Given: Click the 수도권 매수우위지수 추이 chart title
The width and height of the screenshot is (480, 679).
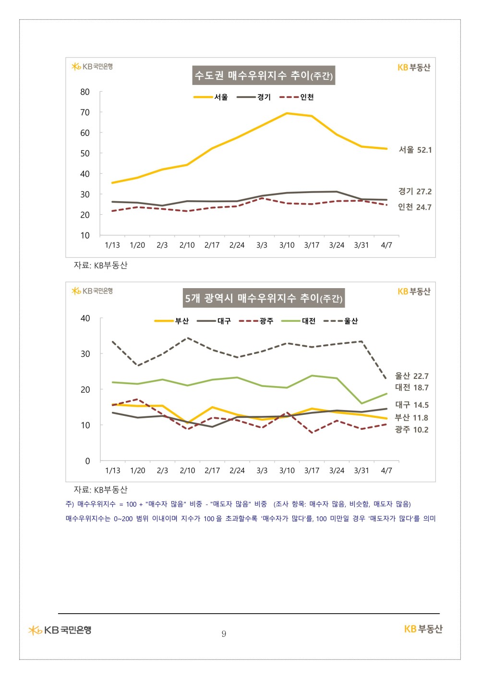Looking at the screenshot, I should click(x=264, y=75).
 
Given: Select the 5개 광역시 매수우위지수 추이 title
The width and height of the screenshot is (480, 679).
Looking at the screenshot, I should click(x=264, y=298).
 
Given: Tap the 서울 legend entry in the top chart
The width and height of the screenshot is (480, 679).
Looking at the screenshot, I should click(x=211, y=97).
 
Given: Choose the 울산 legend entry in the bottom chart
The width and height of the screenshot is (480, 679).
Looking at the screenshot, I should click(x=341, y=321).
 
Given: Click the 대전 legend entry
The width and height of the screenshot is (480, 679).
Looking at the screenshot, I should click(x=299, y=321).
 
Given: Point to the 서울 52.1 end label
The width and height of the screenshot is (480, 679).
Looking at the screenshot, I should click(x=415, y=150).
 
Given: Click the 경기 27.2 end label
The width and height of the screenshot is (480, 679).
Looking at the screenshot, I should click(x=415, y=191).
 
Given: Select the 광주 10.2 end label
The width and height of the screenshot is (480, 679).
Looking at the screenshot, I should click(x=411, y=429).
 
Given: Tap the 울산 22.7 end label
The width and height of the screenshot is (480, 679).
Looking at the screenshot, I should click(x=411, y=376).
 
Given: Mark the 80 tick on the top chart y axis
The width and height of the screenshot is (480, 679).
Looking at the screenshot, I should click(x=85, y=92).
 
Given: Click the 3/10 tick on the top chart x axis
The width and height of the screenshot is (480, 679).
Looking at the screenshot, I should click(x=287, y=245).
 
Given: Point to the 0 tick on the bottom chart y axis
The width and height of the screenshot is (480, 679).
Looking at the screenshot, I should click(x=87, y=461).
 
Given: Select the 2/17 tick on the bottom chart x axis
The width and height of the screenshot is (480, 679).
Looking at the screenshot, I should click(x=212, y=471).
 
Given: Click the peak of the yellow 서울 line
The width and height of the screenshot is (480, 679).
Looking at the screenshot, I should click(x=287, y=113).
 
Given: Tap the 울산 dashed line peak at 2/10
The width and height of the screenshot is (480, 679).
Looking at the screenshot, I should click(x=187, y=338).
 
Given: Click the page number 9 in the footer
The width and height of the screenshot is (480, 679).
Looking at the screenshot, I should click(x=224, y=634).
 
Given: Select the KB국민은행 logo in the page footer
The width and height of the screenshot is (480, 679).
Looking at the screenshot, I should click(x=60, y=630).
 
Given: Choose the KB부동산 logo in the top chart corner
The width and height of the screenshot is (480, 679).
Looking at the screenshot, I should click(x=414, y=68).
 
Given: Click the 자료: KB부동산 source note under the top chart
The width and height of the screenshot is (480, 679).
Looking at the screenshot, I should click(x=100, y=265).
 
